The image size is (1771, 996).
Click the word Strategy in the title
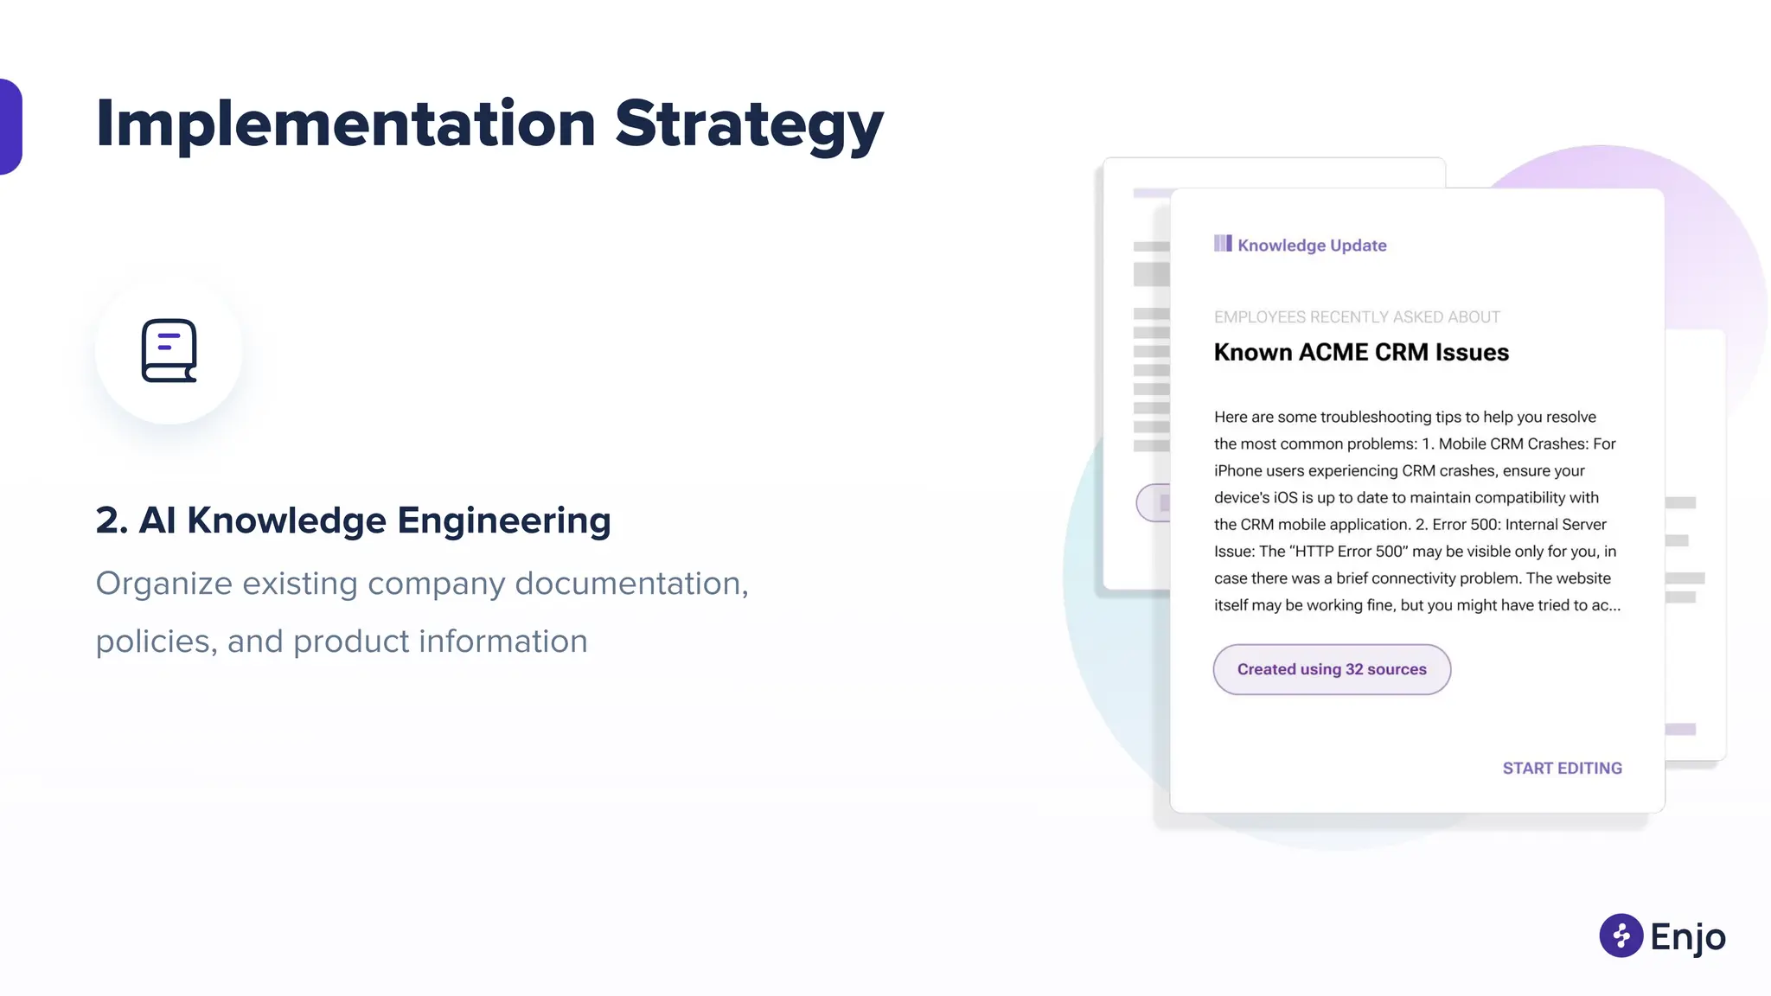(x=749, y=124)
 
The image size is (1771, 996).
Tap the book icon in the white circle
(x=169, y=350)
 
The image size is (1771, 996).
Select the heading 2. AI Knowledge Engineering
(x=353, y=520)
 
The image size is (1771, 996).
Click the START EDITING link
(x=1562, y=768)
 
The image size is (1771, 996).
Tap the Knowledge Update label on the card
(x=1312, y=246)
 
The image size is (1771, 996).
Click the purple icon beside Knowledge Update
(x=1223, y=244)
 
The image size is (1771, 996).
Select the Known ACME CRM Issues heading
(x=1361, y=353)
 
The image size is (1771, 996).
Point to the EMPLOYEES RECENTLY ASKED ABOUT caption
(x=1357, y=317)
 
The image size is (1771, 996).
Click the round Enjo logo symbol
(x=1621, y=935)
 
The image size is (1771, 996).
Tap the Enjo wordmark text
(x=1688, y=937)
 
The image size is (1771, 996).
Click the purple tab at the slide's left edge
(x=10, y=126)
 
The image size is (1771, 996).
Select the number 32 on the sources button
(x=1354, y=669)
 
